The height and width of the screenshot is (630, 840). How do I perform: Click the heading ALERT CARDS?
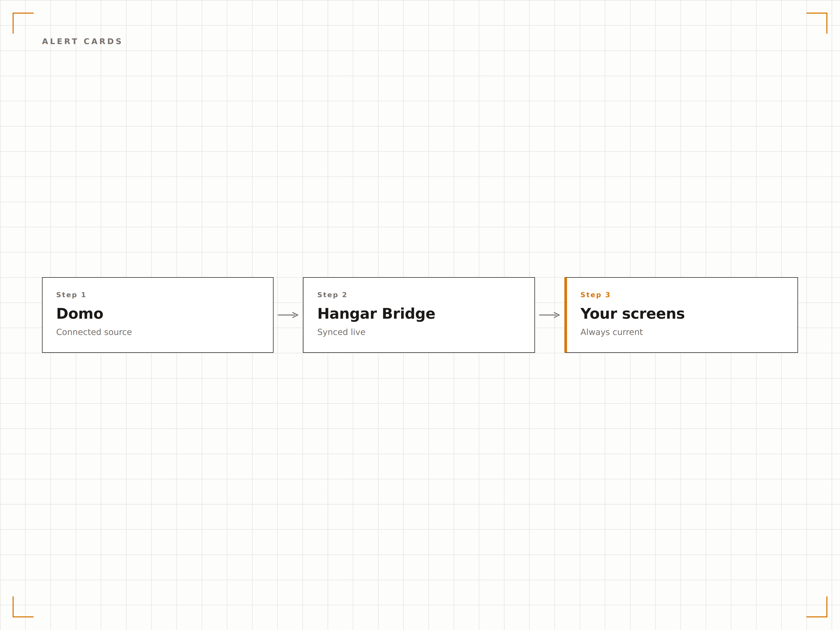tap(82, 41)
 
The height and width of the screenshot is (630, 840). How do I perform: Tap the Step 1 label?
tap(71, 295)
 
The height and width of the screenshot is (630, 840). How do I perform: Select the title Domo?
tap(80, 314)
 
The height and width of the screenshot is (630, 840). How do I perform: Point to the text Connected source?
tap(94, 332)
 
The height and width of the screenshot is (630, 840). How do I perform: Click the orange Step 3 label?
tap(595, 295)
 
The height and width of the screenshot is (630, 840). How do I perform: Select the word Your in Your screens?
tap(599, 314)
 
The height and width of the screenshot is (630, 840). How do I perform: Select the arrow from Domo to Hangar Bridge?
tap(288, 315)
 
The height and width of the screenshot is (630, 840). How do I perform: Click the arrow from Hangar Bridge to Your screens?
tap(549, 315)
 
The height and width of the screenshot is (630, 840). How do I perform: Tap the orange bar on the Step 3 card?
tap(565, 315)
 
